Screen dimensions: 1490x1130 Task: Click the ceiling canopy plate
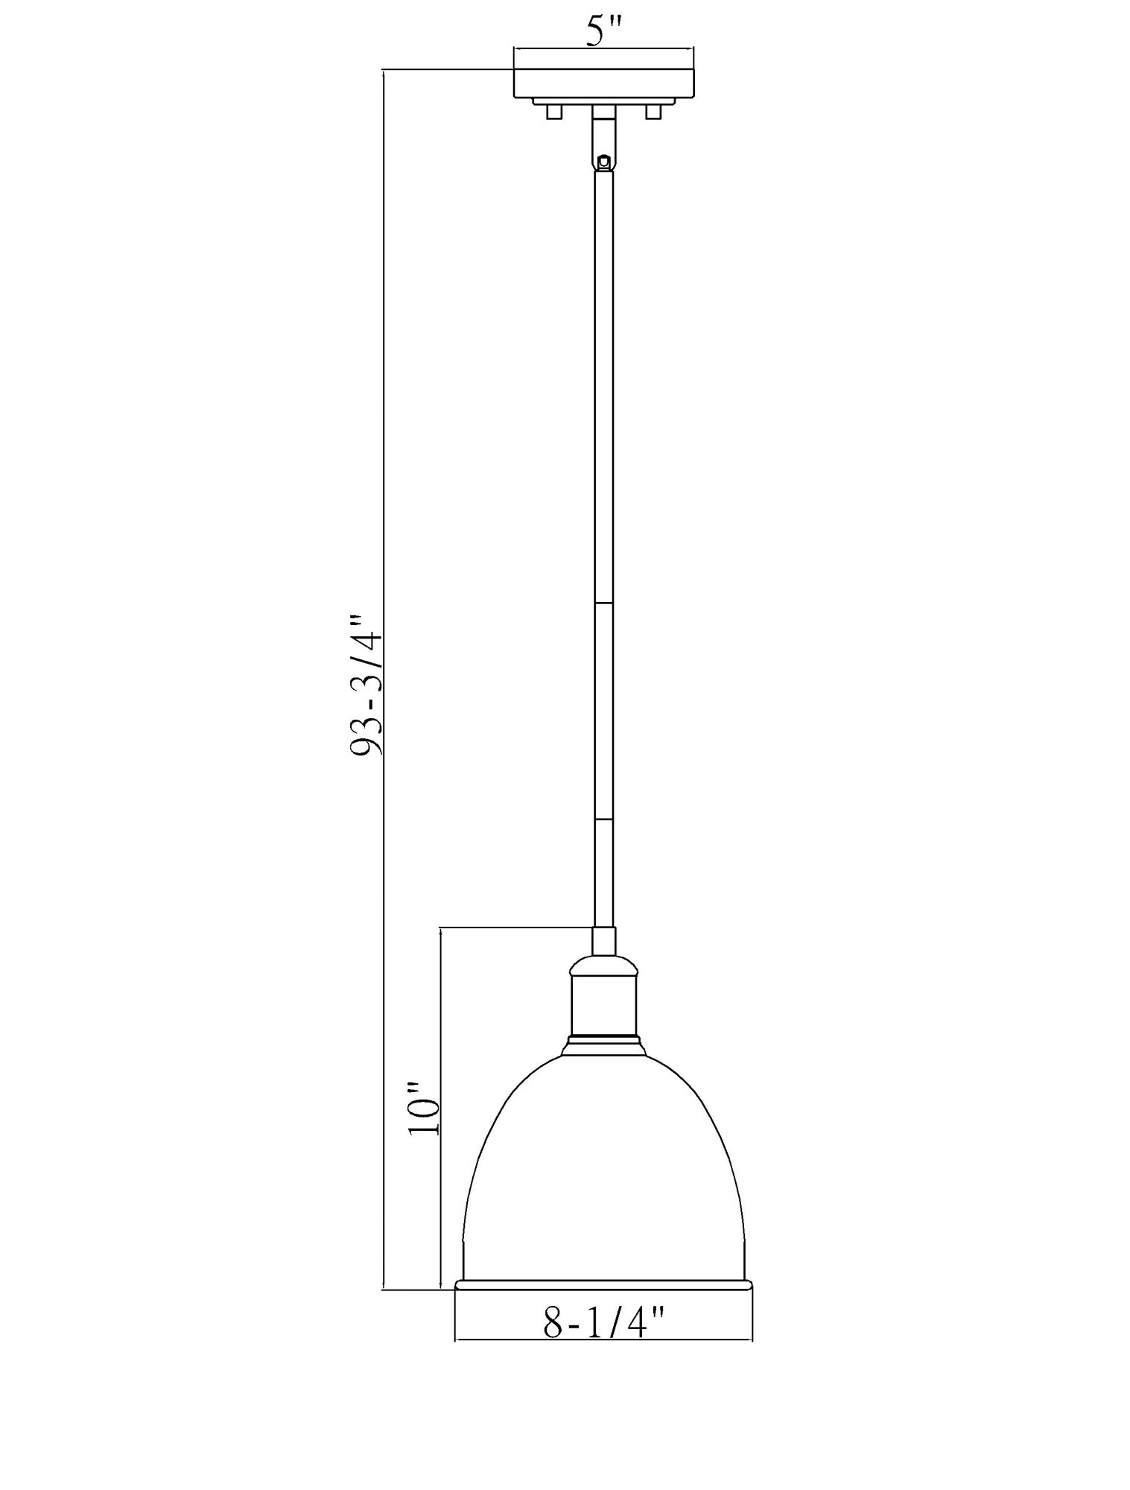(x=603, y=83)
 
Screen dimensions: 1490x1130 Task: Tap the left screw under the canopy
(x=552, y=112)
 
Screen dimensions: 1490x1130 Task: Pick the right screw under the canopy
(x=654, y=112)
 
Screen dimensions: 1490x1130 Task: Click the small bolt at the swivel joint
(x=604, y=161)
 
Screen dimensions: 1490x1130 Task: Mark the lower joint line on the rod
(x=603, y=819)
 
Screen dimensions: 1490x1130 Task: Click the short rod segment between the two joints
(x=603, y=711)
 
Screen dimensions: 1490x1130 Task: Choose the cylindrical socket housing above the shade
(x=603, y=1006)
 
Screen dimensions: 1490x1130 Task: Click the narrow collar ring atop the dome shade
(x=603, y=1036)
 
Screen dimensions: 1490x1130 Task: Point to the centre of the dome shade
(x=603, y=1162)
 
